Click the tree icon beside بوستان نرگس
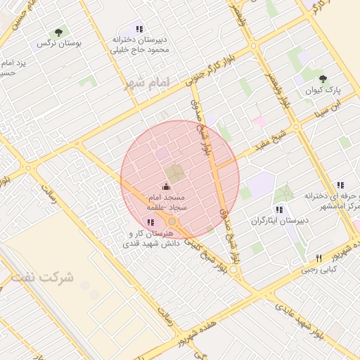(x=59, y=32)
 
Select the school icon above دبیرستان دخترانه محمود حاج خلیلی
(x=139, y=30)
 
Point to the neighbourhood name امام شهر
(x=148, y=83)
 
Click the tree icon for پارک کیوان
(x=323, y=79)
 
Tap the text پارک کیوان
(x=323, y=91)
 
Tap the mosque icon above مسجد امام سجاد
(x=167, y=186)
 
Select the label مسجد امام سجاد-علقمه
(x=165, y=202)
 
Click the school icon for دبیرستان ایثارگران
(x=279, y=210)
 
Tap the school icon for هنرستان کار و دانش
(x=150, y=222)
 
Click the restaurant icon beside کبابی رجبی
(x=319, y=258)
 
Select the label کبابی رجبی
(x=320, y=269)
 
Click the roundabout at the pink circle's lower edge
(x=172, y=221)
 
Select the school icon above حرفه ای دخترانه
(x=340, y=184)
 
